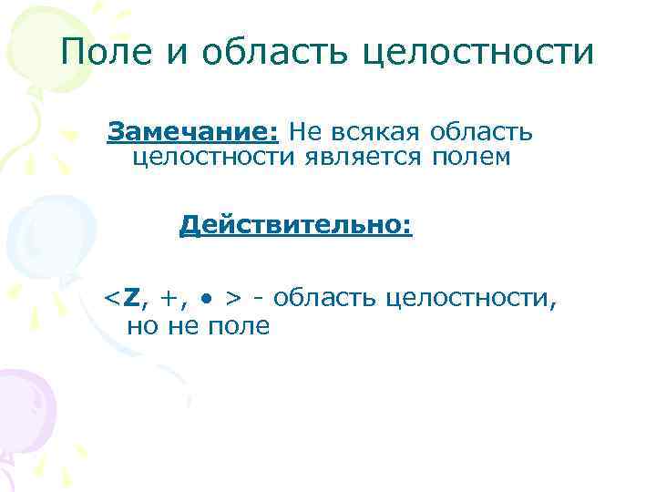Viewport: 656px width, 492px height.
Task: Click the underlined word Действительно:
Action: click(x=296, y=224)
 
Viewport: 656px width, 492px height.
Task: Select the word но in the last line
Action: click(x=142, y=326)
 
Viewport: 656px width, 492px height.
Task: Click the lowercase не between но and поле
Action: click(x=180, y=326)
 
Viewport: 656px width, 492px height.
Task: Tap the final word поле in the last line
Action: click(x=235, y=326)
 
